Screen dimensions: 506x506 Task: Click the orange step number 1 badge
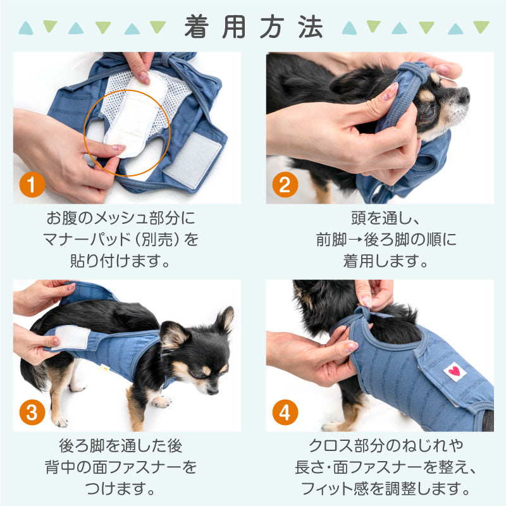[x=32, y=185]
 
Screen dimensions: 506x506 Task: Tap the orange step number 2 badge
[x=285, y=185]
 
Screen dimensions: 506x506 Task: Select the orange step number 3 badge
[x=32, y=412]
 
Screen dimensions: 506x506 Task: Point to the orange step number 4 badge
[x=285, y=412]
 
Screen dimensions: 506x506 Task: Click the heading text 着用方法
[x=254, y=27]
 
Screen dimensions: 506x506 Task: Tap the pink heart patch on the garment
[x=455, y=371]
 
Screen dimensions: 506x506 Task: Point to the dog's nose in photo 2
[x=465, y=96]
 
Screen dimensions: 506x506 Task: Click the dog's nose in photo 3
[x=213, y=392]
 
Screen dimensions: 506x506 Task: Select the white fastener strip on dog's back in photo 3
[x=71, y=337]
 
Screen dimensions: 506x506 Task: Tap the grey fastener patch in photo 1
[x=192, y=161]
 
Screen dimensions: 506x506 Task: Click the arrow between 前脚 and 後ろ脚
[x=355, y=240]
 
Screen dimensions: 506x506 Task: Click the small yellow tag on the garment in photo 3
[x=104, y=369]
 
